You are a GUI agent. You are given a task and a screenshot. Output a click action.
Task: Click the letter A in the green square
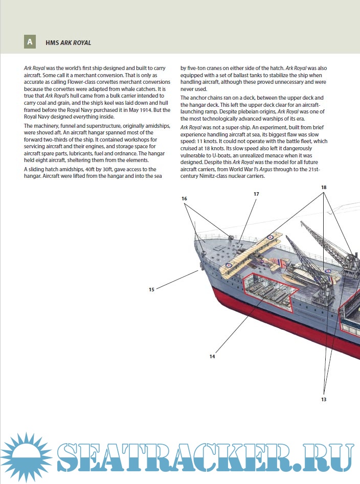[x=30, y=42]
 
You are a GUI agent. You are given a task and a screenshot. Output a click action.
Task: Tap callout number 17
[x=256, y=194]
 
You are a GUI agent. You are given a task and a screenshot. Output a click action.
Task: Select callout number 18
[x=324, y=188]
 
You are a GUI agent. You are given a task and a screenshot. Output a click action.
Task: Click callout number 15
[x=151, y=290]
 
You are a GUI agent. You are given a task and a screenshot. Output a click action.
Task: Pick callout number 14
[x=212, y=356]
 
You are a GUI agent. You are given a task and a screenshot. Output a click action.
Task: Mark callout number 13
[x=324, y=399]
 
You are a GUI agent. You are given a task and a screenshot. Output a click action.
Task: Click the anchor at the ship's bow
[x=199, y=265]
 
